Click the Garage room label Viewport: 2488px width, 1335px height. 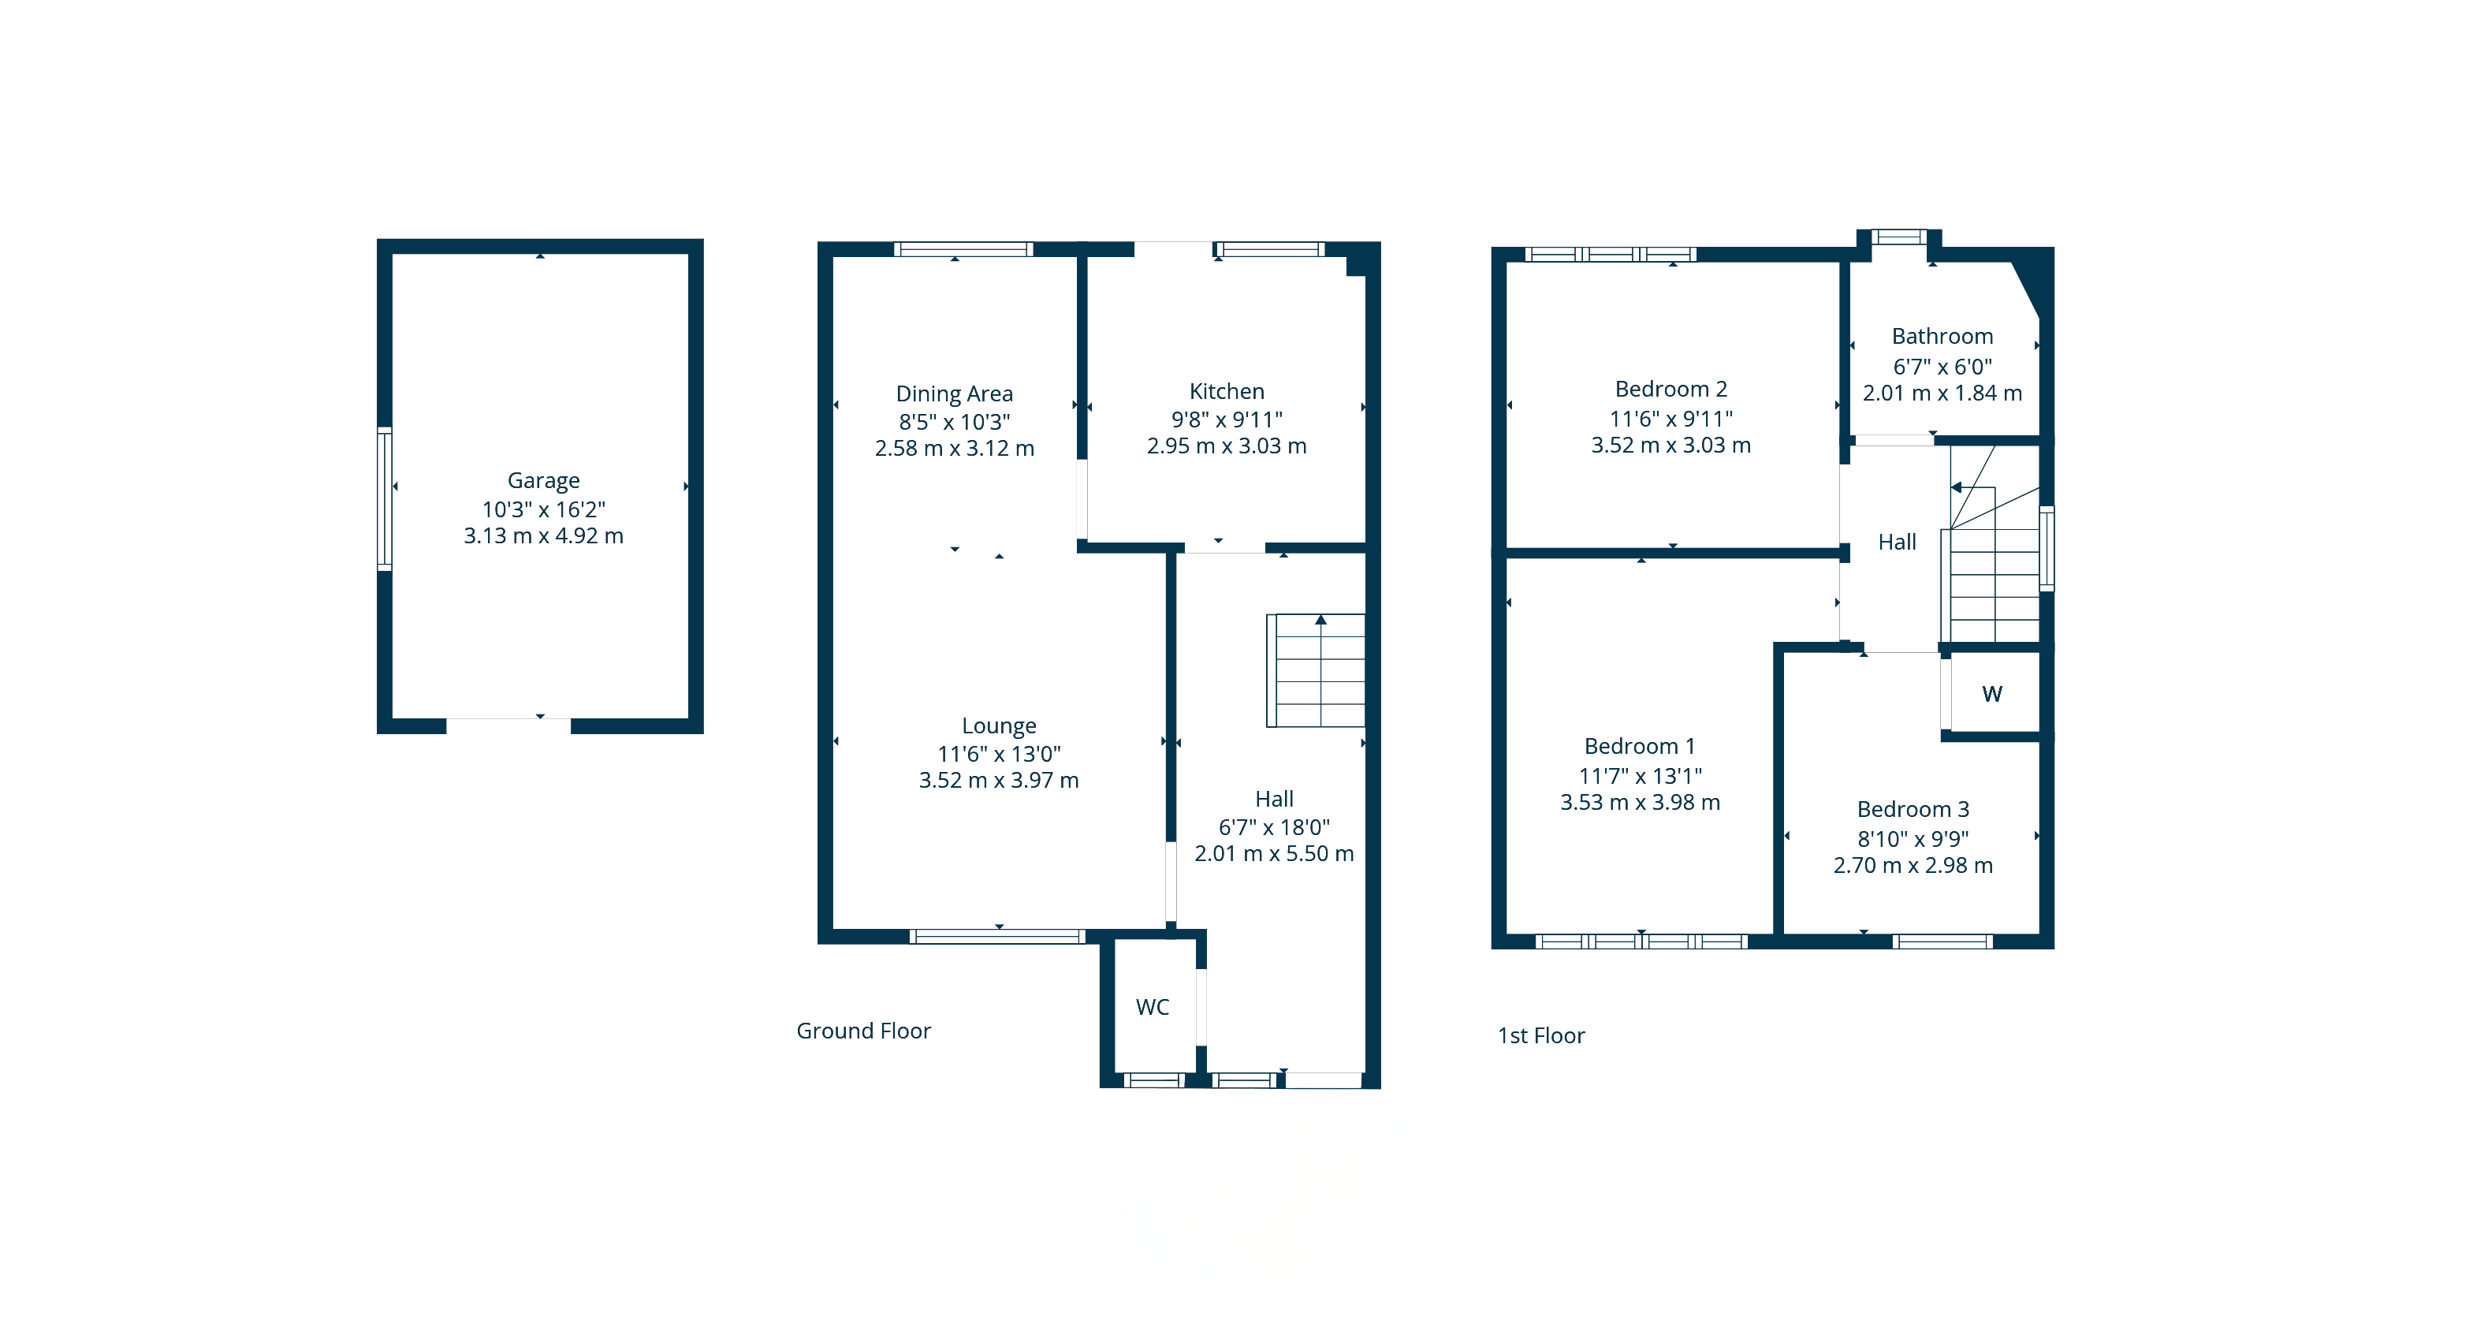[543, 481]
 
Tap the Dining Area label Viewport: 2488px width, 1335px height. [954, 394]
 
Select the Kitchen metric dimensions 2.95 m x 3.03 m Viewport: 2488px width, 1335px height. [1227, 446]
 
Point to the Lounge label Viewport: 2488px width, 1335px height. [999, 725]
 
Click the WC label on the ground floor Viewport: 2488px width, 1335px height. [1153, 1008]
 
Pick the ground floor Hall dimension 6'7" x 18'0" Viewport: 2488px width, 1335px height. [1274, 827]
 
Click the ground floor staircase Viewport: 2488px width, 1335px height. [1316, 670]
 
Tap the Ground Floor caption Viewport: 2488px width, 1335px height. [863, 1031]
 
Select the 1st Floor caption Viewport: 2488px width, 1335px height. [1540, 1035]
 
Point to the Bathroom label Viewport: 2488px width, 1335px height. [1942, 336]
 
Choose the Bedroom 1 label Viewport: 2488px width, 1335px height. [1640, 747]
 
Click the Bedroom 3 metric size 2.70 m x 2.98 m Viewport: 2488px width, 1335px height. [1913, 866]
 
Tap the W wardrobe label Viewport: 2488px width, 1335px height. [1991, 694]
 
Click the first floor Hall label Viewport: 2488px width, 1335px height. [1897, 542]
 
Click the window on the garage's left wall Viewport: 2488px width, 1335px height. [385, 498]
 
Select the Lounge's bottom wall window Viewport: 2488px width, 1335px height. [998, 936]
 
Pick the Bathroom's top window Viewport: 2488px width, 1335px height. [1899, 237]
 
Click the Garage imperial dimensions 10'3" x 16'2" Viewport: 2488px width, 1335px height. [544, 509]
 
